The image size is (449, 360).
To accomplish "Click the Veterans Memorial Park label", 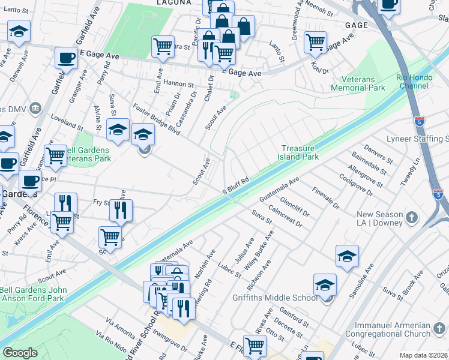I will click(363, 83).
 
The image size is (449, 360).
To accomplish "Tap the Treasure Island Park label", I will click(300, 152).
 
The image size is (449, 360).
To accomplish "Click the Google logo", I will click(20, 353).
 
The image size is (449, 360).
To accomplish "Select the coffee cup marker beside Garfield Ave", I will click(66, 58).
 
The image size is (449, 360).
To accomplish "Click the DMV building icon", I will click(35, 109).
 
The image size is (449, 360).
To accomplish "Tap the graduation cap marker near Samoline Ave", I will click(347, 256).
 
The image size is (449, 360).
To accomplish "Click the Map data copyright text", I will click(424, 355).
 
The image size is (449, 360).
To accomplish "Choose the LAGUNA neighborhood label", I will click(175, 3).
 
